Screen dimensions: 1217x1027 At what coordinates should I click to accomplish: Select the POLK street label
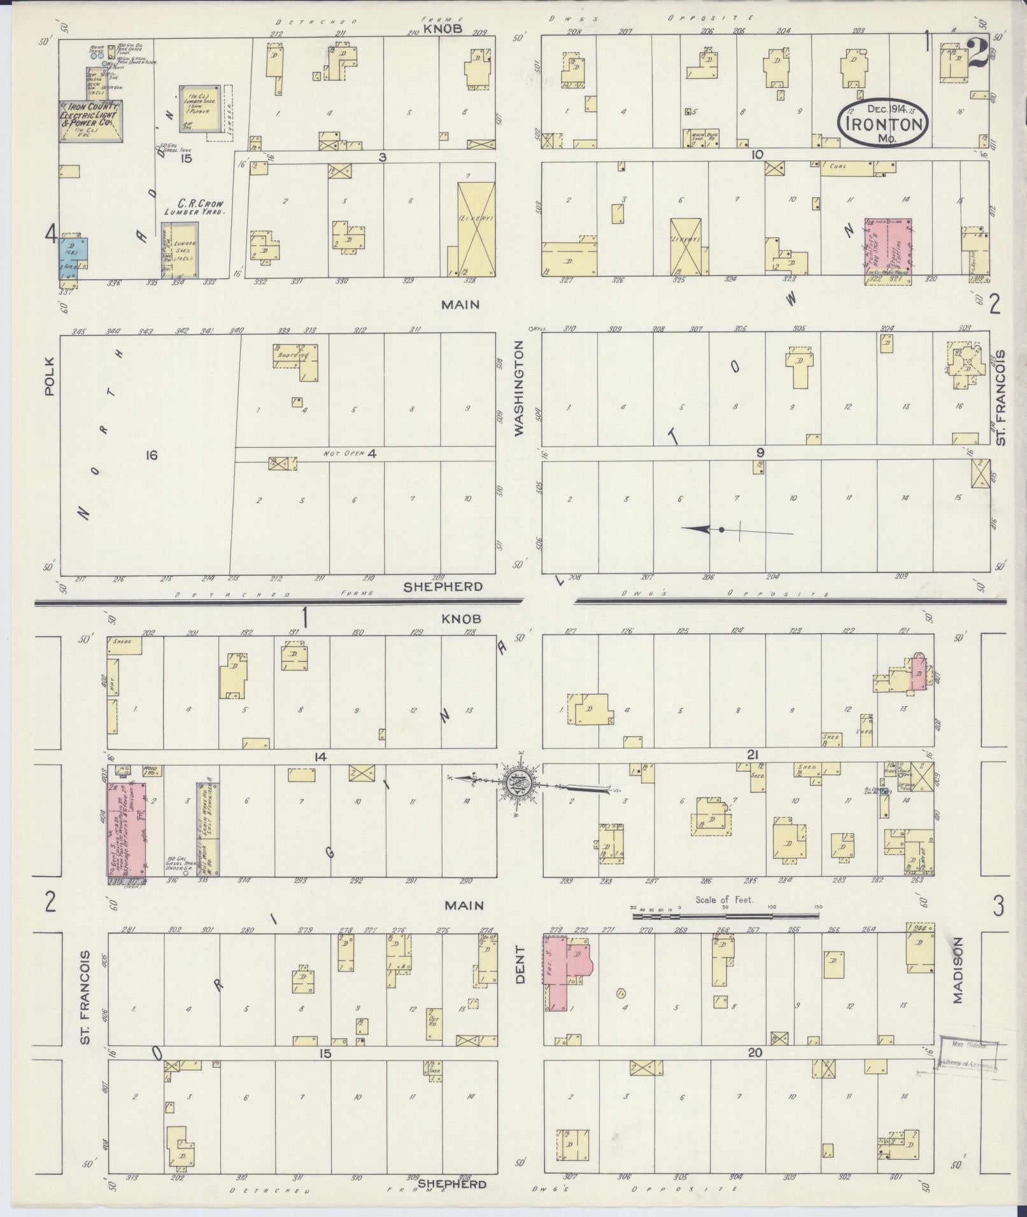point(50,376)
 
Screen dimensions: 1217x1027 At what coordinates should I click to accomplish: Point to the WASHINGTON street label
point(519,388)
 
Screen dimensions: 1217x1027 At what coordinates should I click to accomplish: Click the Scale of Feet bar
point(725,915)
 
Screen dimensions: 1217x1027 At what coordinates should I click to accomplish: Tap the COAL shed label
point(837,167)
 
